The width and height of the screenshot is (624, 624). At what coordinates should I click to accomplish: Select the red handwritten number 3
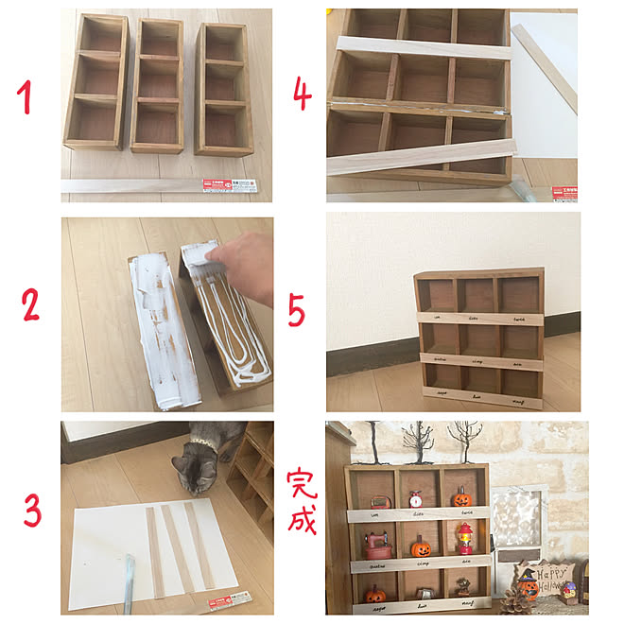(x=32, y=511)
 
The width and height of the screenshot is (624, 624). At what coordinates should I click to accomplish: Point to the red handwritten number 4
(x=302, y=95)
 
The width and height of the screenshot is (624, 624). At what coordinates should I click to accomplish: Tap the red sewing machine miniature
(x=379, y=545)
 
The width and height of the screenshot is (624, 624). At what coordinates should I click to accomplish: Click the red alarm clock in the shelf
(x=415, y=497)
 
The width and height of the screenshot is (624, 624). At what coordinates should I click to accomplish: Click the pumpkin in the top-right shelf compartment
(x=461, y=496)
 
